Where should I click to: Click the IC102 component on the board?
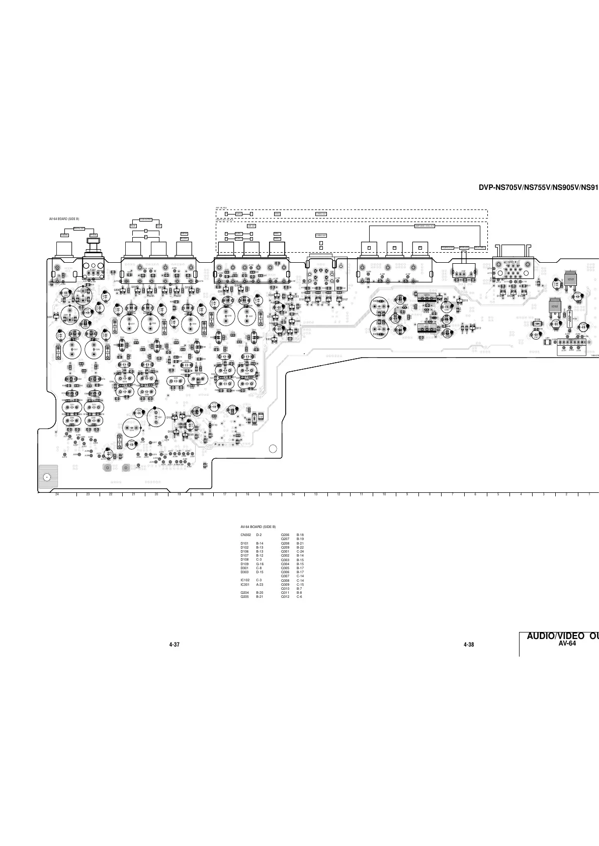click(554, 306)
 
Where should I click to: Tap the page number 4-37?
click(175, 645)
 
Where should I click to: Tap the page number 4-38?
click(469, 645)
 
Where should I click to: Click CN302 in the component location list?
click(246, 535)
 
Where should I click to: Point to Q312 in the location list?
click(285, 597)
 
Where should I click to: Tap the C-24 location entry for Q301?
click(301, 551)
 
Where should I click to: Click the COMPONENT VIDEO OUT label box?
click(424, 226)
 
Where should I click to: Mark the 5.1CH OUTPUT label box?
click(145, 220)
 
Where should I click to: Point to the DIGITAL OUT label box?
click(78, 229)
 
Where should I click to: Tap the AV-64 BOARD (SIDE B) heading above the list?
click(259, 526)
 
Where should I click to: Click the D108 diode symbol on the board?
click(538, 323)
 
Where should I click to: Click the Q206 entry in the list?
click(285, 535)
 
